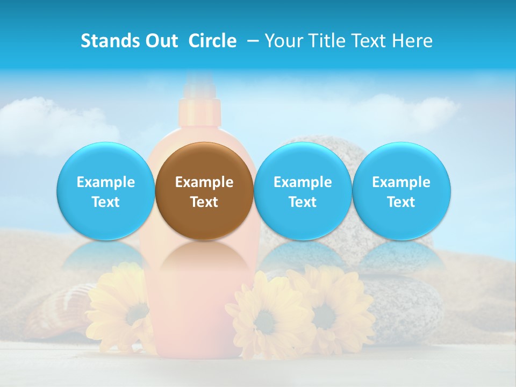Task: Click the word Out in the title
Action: [x=162, y=41]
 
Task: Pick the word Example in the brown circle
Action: [x=204, y=182]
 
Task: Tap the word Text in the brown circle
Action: [x=204, y=202]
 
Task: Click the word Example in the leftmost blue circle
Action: [x=106, y=182]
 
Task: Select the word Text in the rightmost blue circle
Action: [x=401, y=202]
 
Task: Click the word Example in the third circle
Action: [x=303, y=182]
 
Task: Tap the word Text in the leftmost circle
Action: [x=106, y=202]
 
